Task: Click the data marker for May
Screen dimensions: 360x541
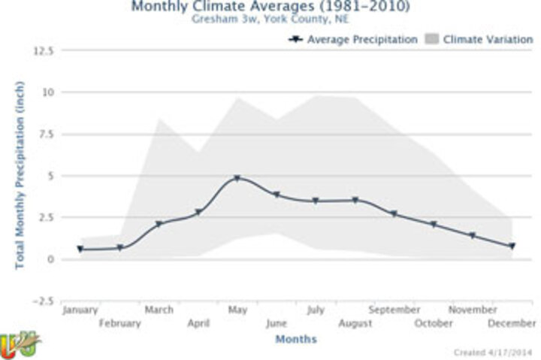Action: coord(237,178)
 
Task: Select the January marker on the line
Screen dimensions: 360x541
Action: coord(80,249)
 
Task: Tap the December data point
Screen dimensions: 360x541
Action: coord(512,246)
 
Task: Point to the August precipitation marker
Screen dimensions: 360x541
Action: coord(355,200)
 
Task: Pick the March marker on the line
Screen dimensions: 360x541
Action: coord(159,224)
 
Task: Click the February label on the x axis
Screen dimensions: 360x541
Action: coord(119,324)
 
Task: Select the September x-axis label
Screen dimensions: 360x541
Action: coord(394,310)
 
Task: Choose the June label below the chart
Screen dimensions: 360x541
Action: coord(277,324)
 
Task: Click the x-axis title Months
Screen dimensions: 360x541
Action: coord(295,340)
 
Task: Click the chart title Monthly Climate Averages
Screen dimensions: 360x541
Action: coord(270,7)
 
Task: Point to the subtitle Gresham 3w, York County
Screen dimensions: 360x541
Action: coord(270,20)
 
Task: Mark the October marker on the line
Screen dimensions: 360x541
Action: coord(434,225)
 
